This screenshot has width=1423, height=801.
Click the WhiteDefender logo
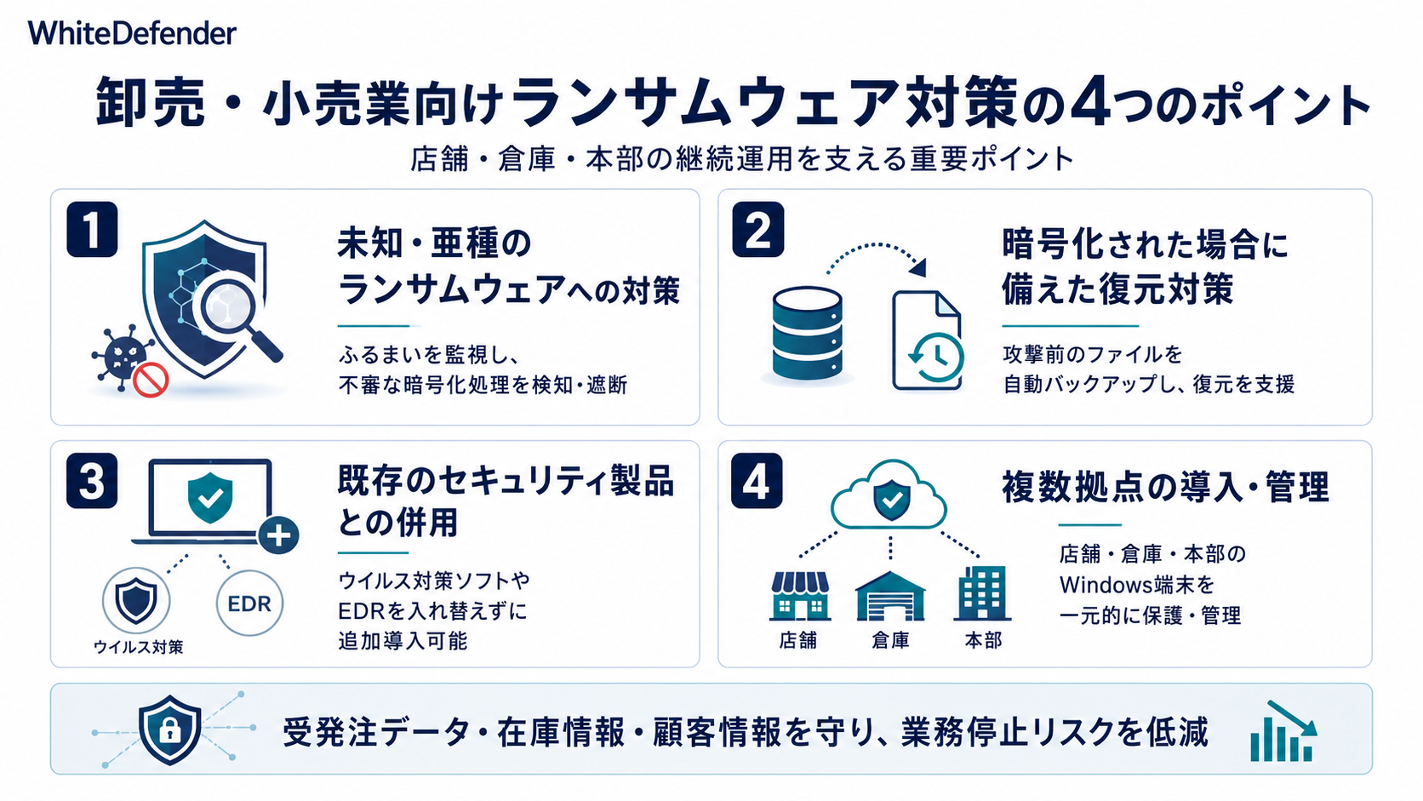point(132,33)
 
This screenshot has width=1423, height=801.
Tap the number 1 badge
point(92,229)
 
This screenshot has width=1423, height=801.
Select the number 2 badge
point(757,229)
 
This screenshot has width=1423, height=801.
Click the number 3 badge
point(92,480)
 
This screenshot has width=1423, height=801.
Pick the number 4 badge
point(757,480)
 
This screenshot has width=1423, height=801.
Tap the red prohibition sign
point(151,380)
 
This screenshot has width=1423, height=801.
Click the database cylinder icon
point(808,335)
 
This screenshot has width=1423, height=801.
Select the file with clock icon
point(928,340)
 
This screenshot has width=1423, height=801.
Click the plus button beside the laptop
point(279,535)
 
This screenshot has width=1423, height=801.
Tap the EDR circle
point(249,604)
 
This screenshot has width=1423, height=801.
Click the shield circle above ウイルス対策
point(136,600)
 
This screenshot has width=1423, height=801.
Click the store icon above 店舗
point(799,596)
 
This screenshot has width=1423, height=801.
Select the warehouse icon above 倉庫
point(890,596)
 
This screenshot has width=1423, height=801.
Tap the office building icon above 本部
point(982,593)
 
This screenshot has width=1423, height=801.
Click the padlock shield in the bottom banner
point(169,729)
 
